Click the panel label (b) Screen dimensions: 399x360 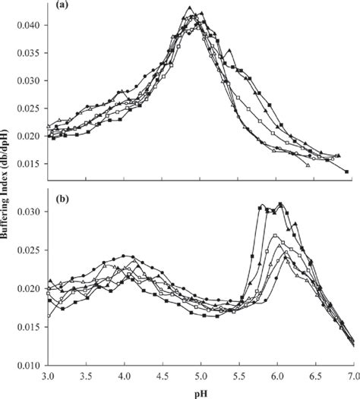coord(62,201)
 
